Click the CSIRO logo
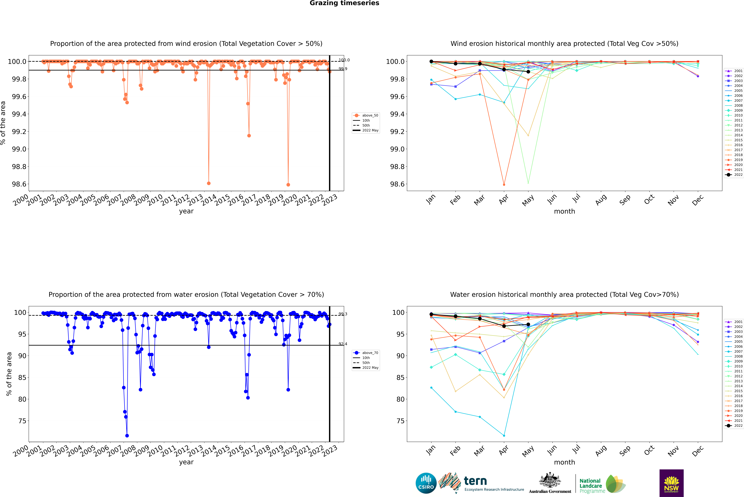pyautogui.click(x=426, y=483)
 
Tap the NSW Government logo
pyautogui.click(x=671, y=483)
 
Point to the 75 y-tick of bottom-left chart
pyautogui.click(x=22, y=421)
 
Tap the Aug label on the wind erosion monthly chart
pyautogui.click(x=601, y=200)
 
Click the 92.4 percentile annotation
pyautogui.click(x=343, y=344)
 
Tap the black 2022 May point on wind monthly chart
pyautogui.click(x=528, y=72)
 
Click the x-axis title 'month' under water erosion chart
pyautogui.click(x=564, y=462)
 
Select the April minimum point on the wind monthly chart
pyautogui.click(x=504, y=184)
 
